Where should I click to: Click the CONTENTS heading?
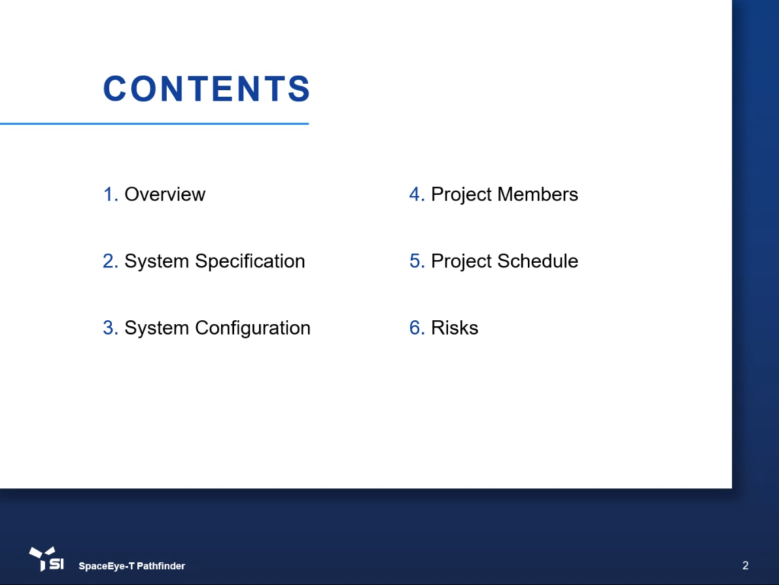pyautogui.click(x=207, y=89)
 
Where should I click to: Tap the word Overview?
pyautogui.click(x=164, y=194)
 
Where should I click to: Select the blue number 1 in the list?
pyautogui.click(x=111, y=194)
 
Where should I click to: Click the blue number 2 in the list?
pyautogui.click(x=111, y=261)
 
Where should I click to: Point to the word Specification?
pyautogui.click(x=250, y=261)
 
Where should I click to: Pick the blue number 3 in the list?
pyautogui.click(x=111, y=328)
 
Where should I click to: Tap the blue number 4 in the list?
pyautogui.click(x=417, y=194)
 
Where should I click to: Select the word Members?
pyautogui.click(x=538, y=194)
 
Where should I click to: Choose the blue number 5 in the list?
pyautogui.click(x=417, y=261)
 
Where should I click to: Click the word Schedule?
pyautogui.click(x=538, y=261)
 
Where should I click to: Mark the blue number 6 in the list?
pyautogui.click(x=417, y=328)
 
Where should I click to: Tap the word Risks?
pyautogui.click(x=455, y=327)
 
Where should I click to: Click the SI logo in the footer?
pyautogui.click(x=46, y=559)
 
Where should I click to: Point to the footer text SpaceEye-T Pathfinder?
pyautogui.click(x=131, y=566)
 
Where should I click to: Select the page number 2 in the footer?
pyautogui.click(x=745, y=565)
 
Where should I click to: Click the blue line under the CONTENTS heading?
pyautogui.click(x=154, y=124)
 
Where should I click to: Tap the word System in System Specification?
pyautogui.click(x=156, y=261)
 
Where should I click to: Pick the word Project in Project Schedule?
pyautogui.click(x=462, y=261)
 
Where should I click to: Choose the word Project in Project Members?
pyautogui.click(x=462, y=195)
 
